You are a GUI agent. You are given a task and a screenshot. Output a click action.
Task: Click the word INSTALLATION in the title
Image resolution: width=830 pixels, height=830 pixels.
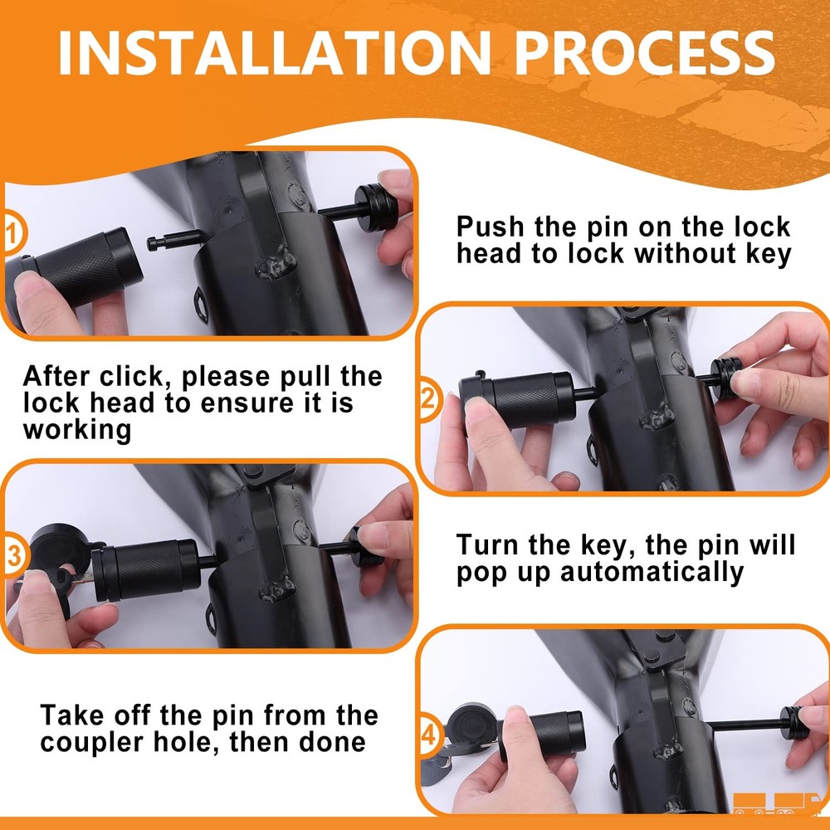pyautogui.click(x=274, y=53)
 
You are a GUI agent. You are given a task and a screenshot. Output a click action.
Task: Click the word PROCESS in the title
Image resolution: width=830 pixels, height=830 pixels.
pyautogui.click(x=645, y=53)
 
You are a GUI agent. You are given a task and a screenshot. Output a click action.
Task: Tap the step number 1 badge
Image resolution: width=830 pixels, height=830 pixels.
pyautogui.click(x=12, y=233)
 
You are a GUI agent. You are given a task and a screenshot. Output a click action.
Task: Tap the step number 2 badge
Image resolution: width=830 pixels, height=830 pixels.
pyautogui.click(x=427, y=398)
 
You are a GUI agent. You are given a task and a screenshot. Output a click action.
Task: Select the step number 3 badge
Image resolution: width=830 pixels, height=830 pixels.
pyautogui.click(x=12, y=555)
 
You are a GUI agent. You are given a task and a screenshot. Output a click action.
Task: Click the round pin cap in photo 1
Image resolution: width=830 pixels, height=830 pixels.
pyautogui.click(x=376, y=207)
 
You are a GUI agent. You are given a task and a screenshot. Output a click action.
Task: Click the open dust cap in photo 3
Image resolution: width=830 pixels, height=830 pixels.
pyautogui.click(x=59, y=550)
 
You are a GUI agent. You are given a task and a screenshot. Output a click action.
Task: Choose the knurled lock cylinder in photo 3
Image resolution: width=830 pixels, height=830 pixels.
pyautogui.click(x=146, y=569)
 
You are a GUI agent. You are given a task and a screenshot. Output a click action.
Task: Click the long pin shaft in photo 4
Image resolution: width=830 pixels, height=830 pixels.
pyautogui.click(x=745, y=724)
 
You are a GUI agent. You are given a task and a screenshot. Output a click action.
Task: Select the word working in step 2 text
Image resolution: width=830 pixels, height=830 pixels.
pyautogui.click(x=77, y=430)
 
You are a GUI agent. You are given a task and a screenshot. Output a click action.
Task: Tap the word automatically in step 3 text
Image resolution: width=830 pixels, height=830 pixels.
pyautogui.click(x=652, y=573)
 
